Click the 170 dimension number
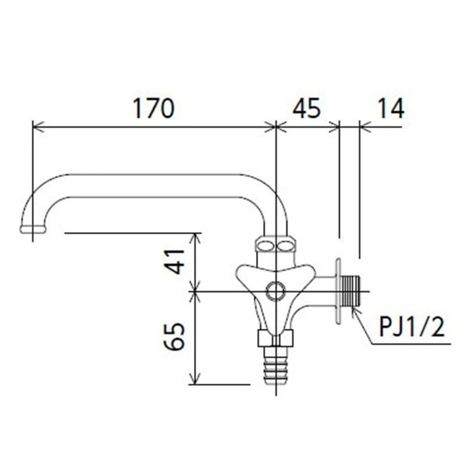(x=153, y=109)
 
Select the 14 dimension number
(x=387, y=109)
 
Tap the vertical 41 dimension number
(x=174, y=261)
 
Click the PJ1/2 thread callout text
(x=411, y=327)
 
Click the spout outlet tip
(x=32, y=229)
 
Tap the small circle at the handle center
(x=275, y=291)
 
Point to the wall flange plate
(x=338, y=290)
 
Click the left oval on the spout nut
(x=265, y=244)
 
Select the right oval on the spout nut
(x=286, y=244)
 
